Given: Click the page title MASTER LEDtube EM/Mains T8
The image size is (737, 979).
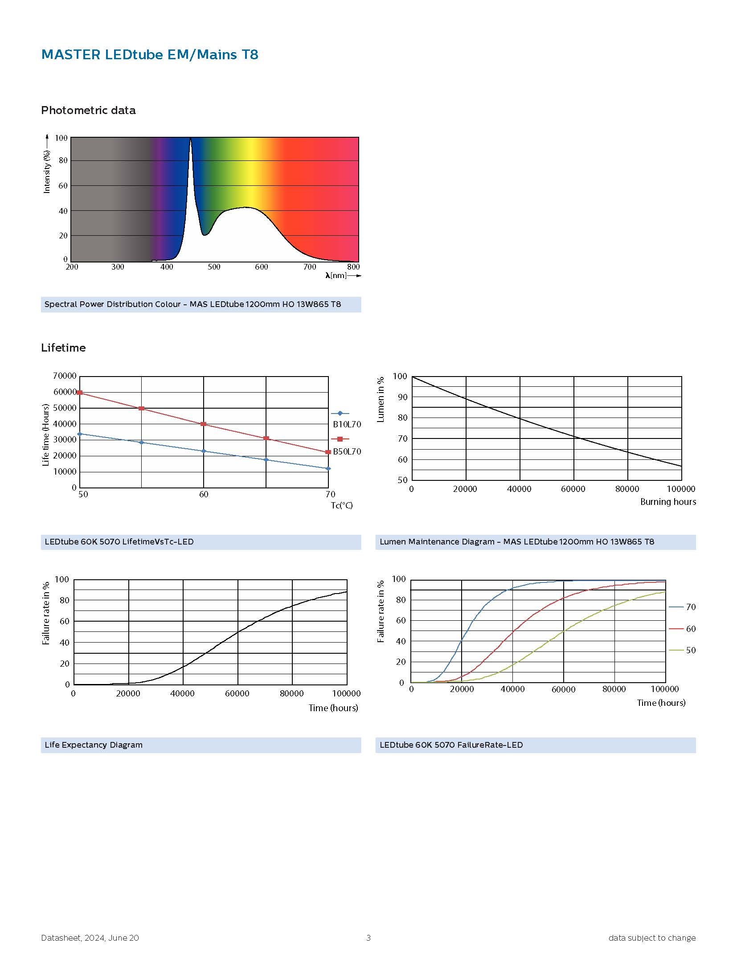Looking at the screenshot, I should pos(149,55).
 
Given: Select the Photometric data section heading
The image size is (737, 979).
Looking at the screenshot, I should pos(88,111).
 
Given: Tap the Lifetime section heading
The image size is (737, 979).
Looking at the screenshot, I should pos(63,348).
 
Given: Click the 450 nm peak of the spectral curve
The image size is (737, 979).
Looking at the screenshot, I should pos(191,139).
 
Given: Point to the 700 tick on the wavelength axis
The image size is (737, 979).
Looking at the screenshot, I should pos(309,267).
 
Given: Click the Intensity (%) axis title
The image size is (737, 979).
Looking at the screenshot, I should pos(47,172).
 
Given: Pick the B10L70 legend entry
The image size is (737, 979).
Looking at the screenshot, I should pos(346,424).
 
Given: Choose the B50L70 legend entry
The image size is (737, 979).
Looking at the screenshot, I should pos(346,451).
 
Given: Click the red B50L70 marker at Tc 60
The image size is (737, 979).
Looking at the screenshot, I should pos(204,424).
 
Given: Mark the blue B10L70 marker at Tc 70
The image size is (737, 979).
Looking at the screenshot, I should pos(328,469).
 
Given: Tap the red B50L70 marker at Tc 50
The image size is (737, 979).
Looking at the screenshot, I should pos(80,393).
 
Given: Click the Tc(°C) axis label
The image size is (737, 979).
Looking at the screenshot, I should pos(342,505).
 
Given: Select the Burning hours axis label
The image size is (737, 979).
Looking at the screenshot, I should pos(667,502).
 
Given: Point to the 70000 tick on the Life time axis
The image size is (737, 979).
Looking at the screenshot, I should pos(65,376).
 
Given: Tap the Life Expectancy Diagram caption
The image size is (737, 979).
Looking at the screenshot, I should pos(94,745).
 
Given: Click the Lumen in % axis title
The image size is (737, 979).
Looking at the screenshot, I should pos(381,400).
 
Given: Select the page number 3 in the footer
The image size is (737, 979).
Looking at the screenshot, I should pos(368,938).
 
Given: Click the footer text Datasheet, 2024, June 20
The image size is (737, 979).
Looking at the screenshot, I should pos(90,938).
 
